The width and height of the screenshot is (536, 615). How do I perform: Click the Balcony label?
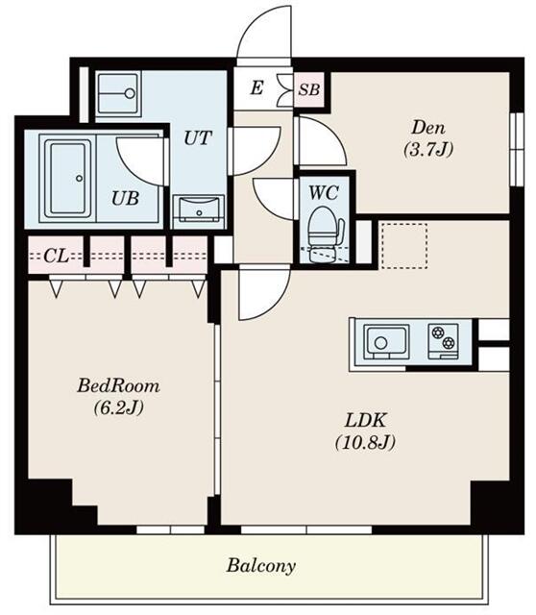click(260, 566)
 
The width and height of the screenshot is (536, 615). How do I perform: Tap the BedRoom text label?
click(118, 386)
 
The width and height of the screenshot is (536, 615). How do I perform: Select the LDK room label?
click(365, 421)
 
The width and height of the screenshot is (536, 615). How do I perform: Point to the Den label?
click(428, 128)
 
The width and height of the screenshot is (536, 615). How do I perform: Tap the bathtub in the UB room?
click(68, 180)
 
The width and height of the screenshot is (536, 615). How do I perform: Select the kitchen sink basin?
click(386, 340)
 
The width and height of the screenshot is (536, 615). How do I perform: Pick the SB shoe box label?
click(309, 89)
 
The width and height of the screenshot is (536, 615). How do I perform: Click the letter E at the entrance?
click(256, 87)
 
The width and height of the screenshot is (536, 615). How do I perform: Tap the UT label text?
click(198, 138)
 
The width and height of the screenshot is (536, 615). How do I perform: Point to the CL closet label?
click(56, 257)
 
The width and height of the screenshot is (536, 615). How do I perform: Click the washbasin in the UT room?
click(199, 211)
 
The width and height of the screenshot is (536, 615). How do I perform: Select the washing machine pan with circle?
click(118, 93)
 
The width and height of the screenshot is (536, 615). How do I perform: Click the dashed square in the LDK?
click(404, 246)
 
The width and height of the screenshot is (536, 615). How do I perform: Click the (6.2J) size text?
click(118, 407)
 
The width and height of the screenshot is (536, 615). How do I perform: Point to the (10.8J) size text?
click(365, 442)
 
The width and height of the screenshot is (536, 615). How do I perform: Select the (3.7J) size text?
click(428, 149)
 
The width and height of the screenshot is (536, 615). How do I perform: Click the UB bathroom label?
click(125, 198)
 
